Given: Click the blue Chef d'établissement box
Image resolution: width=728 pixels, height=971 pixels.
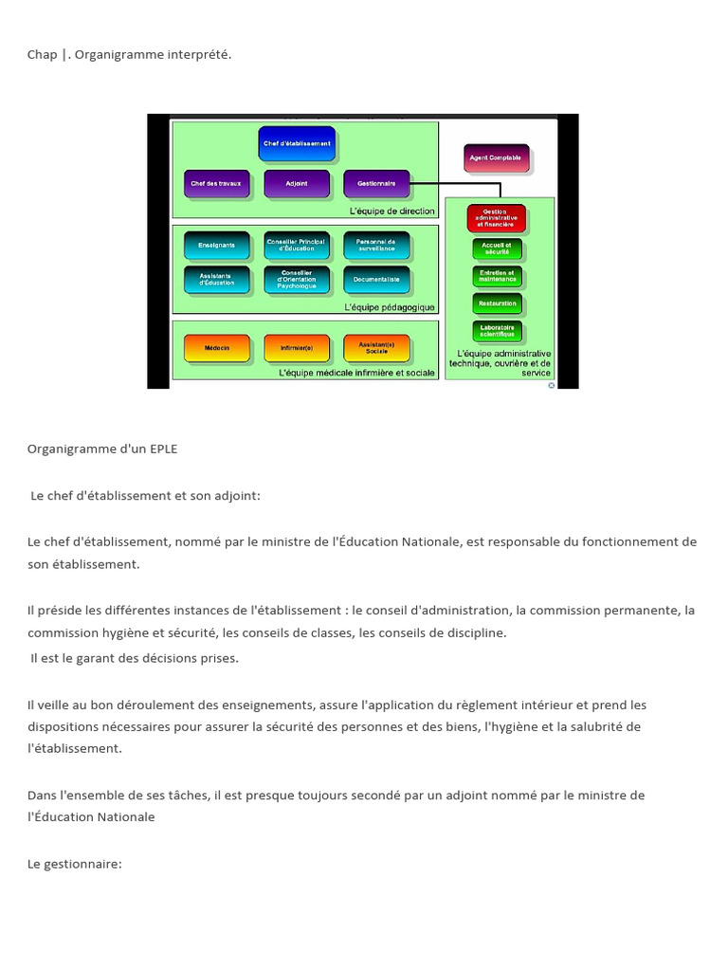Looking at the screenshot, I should pyautogui.click(x=297, y=144).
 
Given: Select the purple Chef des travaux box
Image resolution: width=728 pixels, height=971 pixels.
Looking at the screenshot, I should pyautogui.click(x=216, y=183).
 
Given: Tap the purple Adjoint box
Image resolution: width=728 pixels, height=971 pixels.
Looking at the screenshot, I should pyautogui.click(x=297, y=183).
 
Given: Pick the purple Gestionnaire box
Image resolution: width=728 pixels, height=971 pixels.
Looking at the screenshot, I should pyautogui.click(x=376, y=183).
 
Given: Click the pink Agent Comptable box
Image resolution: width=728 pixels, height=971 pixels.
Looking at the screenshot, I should pyautogui.click(x=498, y=158).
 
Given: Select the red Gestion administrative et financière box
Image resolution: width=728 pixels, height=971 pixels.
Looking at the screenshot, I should pyautogui.click(x=497, y=218).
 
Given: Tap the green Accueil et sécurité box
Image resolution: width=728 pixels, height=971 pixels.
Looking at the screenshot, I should pyautogui.click(x=497, y=249).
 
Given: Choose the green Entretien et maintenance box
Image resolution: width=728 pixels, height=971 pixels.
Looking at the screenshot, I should pyautogui.click(x=497, y=277).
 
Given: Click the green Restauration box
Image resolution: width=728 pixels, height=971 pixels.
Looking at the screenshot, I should pyautogui.click(x=497, y=303).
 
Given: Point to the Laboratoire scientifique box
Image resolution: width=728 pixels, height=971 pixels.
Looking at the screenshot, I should pyautogui.click(x=497, y=331).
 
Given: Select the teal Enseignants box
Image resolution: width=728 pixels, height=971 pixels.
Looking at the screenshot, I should pyautogui.click(x=216, y=246).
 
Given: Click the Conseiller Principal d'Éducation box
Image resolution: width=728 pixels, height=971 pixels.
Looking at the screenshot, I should pyautogui.click(x=297, y=246).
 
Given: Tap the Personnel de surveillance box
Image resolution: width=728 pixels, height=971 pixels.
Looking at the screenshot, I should pyautogui.click(x=376, y=246).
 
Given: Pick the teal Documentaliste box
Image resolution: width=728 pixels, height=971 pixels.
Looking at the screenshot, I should pyautogui.click(x=376, y=280).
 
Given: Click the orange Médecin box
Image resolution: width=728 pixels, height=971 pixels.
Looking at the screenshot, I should pyautogui.click(x=216, y=349).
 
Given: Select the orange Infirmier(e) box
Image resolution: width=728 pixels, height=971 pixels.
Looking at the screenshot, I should pyautogui.click(x=297, y=349).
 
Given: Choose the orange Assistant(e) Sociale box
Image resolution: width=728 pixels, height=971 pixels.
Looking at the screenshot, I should pyautogui.click(x=376, y=349).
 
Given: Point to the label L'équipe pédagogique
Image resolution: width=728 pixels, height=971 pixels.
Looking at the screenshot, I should pyautogui.click(x=391, y=307).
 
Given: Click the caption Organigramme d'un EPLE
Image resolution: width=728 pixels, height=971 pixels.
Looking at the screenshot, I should pyautogui.click(x=102, y=449).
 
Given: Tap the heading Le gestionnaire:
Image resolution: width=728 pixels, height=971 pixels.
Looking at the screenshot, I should pyautogui.click(x=75, y=864).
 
